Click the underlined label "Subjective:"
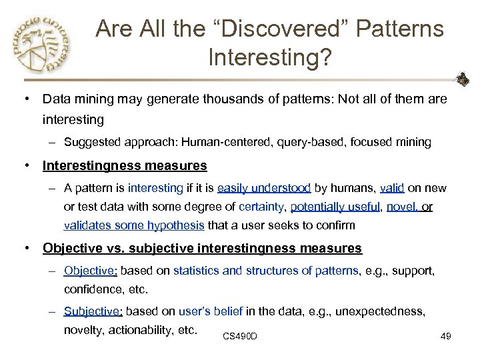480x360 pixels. [x=93, y=311]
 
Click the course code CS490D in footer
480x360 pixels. [x=240, y=336]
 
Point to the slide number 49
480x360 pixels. [x=446, y=336]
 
